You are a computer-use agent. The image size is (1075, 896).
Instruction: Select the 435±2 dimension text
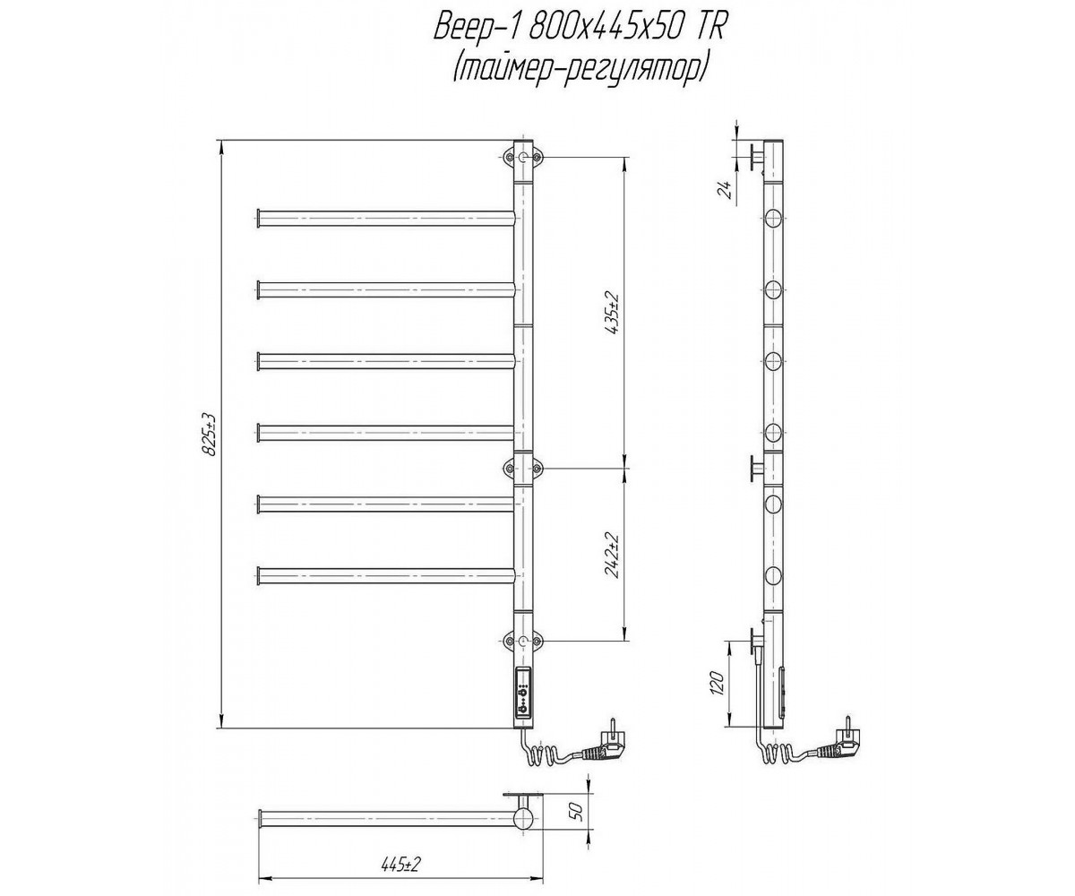[613, 314]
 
